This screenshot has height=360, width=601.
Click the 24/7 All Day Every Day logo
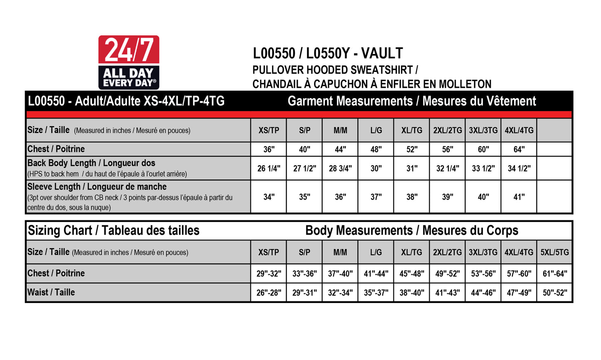point(129,62)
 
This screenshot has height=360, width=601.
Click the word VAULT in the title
point(382,53)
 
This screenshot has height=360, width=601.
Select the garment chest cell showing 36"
point(269,149)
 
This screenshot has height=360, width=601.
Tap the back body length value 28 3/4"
point(340,168)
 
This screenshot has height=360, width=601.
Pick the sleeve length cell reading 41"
point(519,197)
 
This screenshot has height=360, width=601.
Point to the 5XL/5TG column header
point(554,252)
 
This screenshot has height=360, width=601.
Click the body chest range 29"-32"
point(269,274)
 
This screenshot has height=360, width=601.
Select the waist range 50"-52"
point(555,293)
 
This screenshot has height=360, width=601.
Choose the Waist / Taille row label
point(51,292)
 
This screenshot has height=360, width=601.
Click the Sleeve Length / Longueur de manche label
point(97,187)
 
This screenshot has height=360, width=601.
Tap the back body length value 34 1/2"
point(519,168)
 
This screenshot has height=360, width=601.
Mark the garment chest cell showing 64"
point(519,149)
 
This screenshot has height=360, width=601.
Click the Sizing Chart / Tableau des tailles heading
point(114,230)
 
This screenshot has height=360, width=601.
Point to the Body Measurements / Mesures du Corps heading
point(412,230)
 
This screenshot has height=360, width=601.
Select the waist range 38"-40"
point(412,293)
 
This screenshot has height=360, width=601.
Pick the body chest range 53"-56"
point(483,274)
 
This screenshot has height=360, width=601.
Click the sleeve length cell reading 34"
point(269,197)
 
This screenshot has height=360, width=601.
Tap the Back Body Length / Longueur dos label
point(91,163)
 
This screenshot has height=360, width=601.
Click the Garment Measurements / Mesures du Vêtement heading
point(412,101)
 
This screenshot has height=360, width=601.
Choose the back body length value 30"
point(376,168)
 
